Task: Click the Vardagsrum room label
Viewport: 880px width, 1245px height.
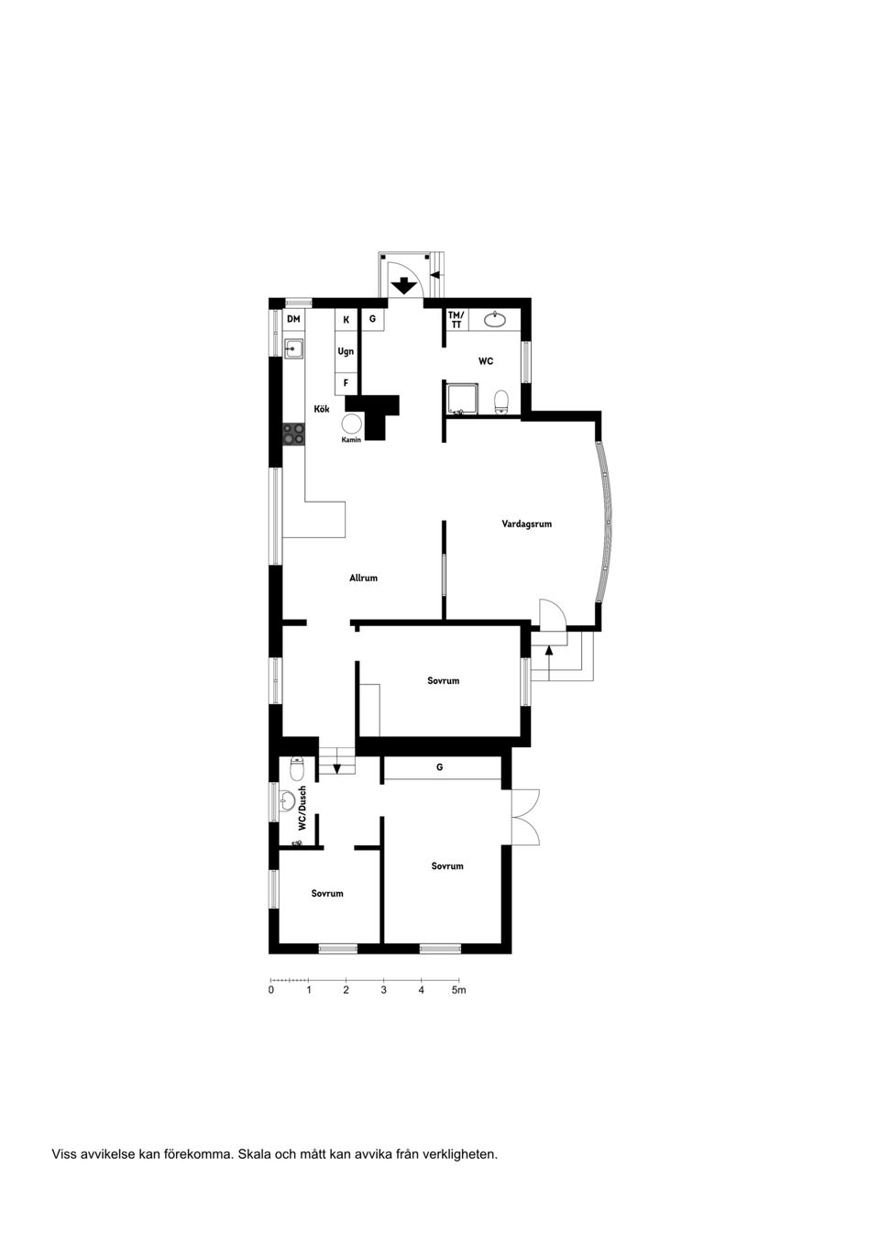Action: tap(526, 524)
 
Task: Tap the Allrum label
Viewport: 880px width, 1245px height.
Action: tap(363, 578)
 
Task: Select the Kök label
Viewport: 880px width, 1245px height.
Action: tap(322, 409)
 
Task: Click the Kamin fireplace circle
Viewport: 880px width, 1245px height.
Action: tap(351, 424)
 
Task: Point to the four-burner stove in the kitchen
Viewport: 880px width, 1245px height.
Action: tap(293, 433)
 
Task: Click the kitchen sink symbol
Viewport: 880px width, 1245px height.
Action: tap(293, 348)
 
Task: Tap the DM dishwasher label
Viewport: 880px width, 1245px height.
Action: tap(293, 319)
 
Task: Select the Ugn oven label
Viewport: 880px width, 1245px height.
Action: tap(346, 351)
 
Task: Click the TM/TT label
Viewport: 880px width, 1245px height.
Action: tap(456, 320)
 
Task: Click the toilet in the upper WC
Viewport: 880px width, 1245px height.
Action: tap(501, 402)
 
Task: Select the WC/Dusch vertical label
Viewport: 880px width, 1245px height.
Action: tap(302, 809)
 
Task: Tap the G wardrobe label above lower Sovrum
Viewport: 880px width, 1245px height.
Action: tap(440, 766)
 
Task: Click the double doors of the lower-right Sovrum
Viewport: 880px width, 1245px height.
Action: tap(525, 817)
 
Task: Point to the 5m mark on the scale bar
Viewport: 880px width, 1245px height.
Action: tap(458, 990)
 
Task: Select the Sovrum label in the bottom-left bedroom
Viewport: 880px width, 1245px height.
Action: tap(327, 893)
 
